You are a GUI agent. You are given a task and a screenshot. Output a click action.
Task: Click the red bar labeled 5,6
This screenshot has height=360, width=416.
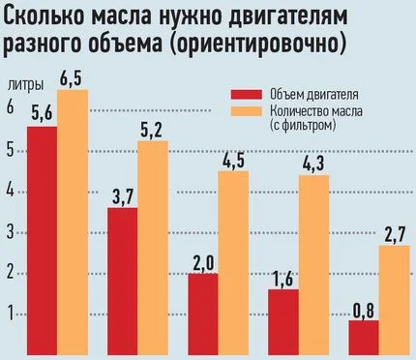[42, 242]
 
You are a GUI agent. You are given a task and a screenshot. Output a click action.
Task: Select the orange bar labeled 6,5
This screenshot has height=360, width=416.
[73, 223]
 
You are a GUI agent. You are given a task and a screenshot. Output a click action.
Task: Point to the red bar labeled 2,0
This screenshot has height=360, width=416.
[202, 315]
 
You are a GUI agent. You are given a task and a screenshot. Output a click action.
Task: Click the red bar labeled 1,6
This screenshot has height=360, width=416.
[282, 323]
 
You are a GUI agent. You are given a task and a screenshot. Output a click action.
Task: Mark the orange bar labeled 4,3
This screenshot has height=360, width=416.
[313, 267]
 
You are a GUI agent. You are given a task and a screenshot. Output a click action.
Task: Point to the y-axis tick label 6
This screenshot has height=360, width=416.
[12, 109]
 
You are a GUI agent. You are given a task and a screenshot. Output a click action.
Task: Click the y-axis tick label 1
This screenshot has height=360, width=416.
[12, 314]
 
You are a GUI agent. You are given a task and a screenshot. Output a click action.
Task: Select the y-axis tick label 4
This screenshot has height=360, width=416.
[12, 192]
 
